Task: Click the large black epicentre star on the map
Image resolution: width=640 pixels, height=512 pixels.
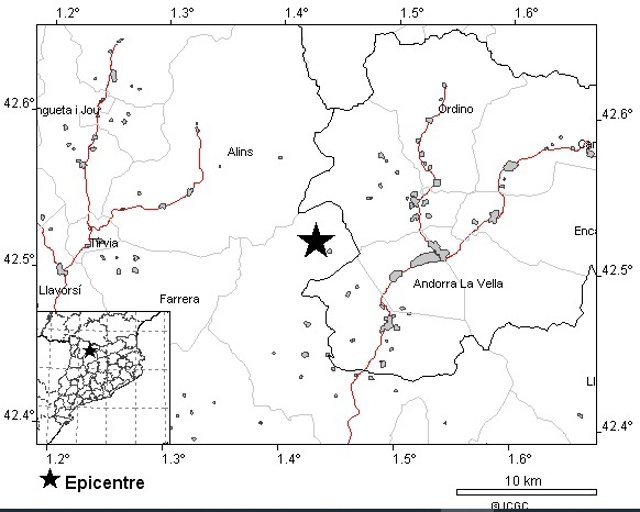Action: point(316,240)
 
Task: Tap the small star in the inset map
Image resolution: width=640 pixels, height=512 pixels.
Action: point(89,349)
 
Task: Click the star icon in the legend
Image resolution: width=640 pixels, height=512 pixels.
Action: point(50,480)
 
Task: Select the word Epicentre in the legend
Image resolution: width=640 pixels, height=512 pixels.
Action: point(104,483)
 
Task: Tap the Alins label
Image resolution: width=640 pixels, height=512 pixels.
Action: point(240,152)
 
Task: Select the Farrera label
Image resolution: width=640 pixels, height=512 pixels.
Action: point(180,299)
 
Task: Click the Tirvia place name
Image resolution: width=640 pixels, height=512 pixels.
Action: point(104,243)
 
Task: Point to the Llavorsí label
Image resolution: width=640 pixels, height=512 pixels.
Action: point(58,290)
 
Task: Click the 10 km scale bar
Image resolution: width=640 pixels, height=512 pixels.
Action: point(526,491)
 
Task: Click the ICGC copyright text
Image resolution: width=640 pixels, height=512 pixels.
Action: point(509,506)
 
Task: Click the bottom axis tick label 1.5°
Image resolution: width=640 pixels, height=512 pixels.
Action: point(404,458)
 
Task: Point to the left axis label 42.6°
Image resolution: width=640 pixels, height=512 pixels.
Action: point(18,102)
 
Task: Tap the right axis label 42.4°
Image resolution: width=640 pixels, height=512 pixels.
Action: point(617,426)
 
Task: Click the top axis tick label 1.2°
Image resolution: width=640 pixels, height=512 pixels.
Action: point(69,13)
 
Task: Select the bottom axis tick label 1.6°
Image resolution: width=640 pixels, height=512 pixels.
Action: point(519,458)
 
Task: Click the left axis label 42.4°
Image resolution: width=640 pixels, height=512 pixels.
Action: point(18,414)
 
